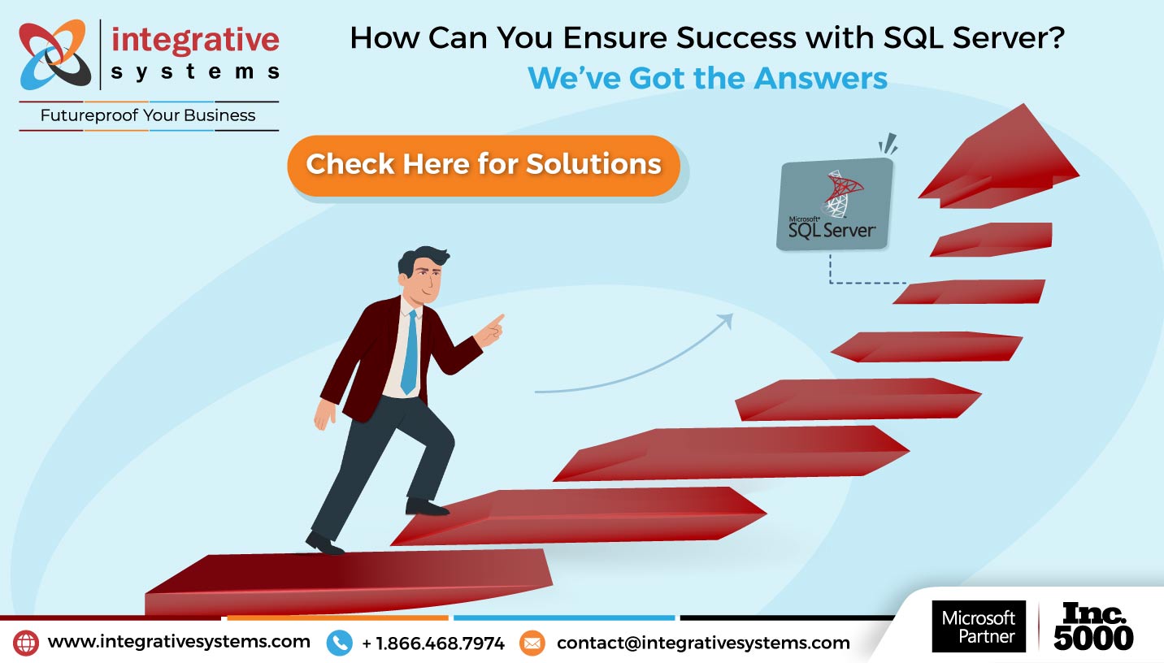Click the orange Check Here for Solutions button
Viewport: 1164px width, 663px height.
pyautogui.click(x=484, y=166)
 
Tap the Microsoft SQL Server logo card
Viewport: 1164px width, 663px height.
pyautogui.click(x=835, y=204)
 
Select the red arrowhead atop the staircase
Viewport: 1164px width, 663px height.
pyautogui.click(x=1001, y=158)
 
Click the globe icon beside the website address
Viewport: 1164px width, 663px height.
pyautogui.click(x=25, y=643)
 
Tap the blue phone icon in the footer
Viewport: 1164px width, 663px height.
pyautogui.click(x=339, y=643)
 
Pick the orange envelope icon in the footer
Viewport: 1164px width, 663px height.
pyautogui.click(x=532, y=643)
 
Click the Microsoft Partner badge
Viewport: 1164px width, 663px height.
pyautogui.click(x=979, y=626)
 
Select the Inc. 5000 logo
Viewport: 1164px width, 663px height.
pyautogui.click(x=1093, y=626)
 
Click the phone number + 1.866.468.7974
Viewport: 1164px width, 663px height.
pyautogui.click(x=433, y=643)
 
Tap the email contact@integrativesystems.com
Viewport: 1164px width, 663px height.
pyautogui.click(x=703, y=643)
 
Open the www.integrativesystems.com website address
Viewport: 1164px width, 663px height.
pyautogui.click(x=179, y=642)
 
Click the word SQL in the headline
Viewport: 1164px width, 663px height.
pyautogui.click(x=913, y=38)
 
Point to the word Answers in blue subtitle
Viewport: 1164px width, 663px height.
pyautogui.click(x=820, y=79)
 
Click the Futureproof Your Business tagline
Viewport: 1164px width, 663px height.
pyautogui.click(x=148, y=115)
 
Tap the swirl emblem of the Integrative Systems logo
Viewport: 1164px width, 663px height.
pyautogui.click(x=54, y=54)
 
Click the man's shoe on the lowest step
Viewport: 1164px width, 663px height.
pyautogui.click(x=325, y=544)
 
